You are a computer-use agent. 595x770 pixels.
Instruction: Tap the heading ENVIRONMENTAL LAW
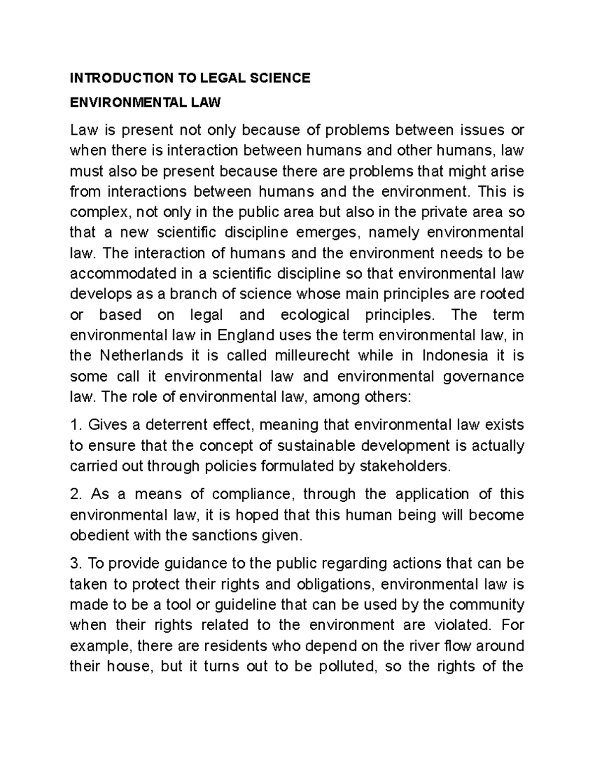click(x=145, y=103)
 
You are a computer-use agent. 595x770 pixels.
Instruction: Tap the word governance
click(x=484, y=377)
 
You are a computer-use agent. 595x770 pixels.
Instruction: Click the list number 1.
click(x=75, y=425)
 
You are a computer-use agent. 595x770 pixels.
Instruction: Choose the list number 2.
click(x=75, y=494)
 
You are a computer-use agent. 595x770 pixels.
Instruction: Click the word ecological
click(x=315, y=315)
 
